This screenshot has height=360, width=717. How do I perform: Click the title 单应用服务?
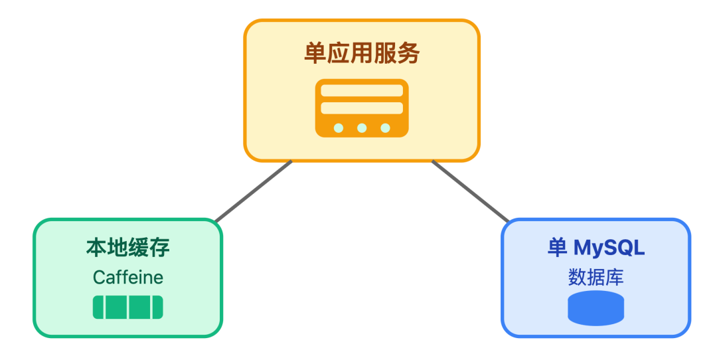tap(362, 53)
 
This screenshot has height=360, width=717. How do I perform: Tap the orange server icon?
tap(362, 108)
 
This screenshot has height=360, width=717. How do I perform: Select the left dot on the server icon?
tap(339, 128)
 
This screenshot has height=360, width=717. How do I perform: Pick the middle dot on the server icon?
tap(362, 128)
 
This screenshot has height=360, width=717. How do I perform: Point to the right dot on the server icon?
tap(385, 128)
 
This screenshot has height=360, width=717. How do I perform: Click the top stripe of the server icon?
tap(362, 90)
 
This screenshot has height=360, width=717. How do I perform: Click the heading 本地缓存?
tap(127, 248)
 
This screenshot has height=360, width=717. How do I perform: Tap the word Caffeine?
tap(127, 277)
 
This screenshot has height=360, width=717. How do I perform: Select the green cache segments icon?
tap(127, 308)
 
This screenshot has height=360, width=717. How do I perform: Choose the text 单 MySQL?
tap(596, 248)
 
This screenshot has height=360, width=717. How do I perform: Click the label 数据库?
tap(596, 277)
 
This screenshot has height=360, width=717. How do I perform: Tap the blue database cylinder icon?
tap(596, 308)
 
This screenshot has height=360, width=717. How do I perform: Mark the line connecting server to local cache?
tap(254, 191)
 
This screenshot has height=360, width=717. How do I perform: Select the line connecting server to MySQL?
tap(470, 191)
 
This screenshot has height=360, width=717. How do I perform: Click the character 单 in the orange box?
tap(315, 53)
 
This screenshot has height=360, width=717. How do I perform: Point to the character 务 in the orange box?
tap(409, 53)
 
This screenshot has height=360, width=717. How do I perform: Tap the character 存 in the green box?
tap(159, 248)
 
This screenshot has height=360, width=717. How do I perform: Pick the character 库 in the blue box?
tap(614, 277)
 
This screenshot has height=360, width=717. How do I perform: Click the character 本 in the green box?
tap(96, 248)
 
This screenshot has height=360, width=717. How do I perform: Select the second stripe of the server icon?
tap(362, 108)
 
